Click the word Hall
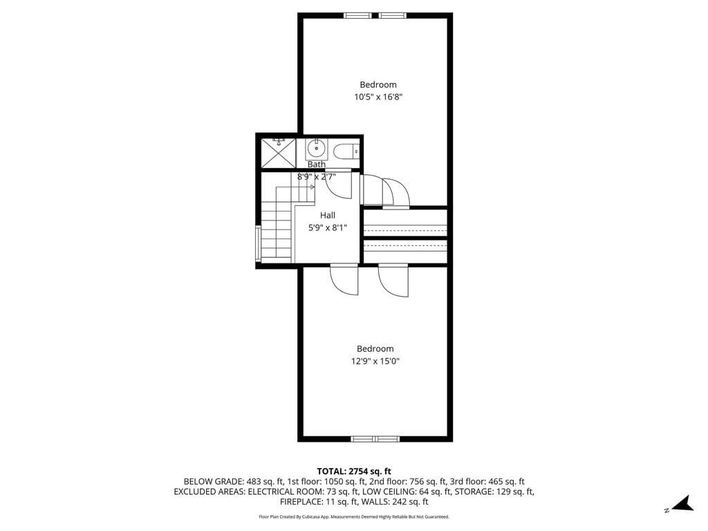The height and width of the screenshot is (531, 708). [x=327, y=215]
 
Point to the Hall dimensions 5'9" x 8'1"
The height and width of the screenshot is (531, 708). [x=327, y=227]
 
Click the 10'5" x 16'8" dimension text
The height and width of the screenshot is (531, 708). [x=378, y=97]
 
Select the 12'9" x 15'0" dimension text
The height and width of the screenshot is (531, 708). [x=375, y=361]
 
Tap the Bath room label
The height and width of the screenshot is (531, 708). [x=316, y=165]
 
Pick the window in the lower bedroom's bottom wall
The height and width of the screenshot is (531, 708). [x=375, y=438]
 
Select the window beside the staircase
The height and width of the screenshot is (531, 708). [x=258, y=242]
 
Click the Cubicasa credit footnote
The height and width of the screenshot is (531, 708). [x=354, y=516]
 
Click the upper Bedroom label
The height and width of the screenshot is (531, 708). [x=378, y=84]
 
